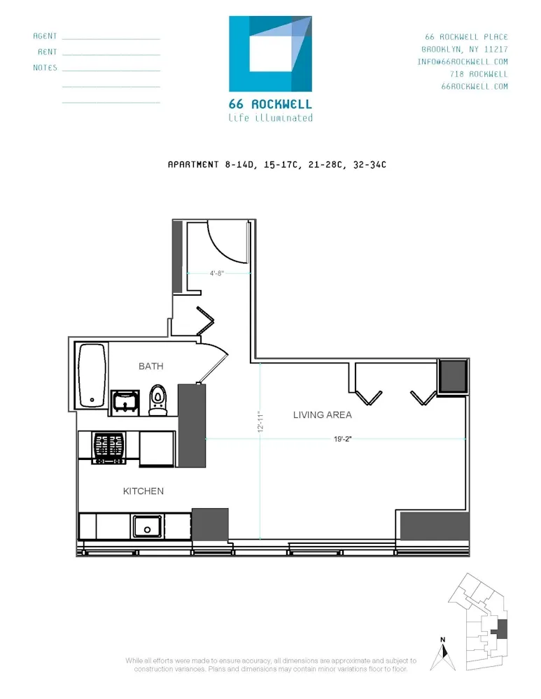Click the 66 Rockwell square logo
click(x=270, y=54)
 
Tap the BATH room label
click(x=150, y=366)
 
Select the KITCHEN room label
click(x=143, y=491)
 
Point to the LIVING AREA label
click(x=322, y=415)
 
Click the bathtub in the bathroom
click(x=92, y=375)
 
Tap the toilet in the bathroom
click(x=158, y=400)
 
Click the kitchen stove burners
click(x=109, y=447)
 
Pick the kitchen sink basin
click(x=148, y=526)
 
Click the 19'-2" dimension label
click(x=343, y=439)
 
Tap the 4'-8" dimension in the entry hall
click(x=217, y=273)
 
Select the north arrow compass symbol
click(x=442, y=654)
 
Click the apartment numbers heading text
click(x=277, y=165)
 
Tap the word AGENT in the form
click(x=45, y=36)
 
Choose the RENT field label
click(x=48, y=52)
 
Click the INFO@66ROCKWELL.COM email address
click(x=463, y=62)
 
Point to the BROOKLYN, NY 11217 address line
click(x=465, y=49)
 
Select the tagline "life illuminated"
click(x=270, y=118)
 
